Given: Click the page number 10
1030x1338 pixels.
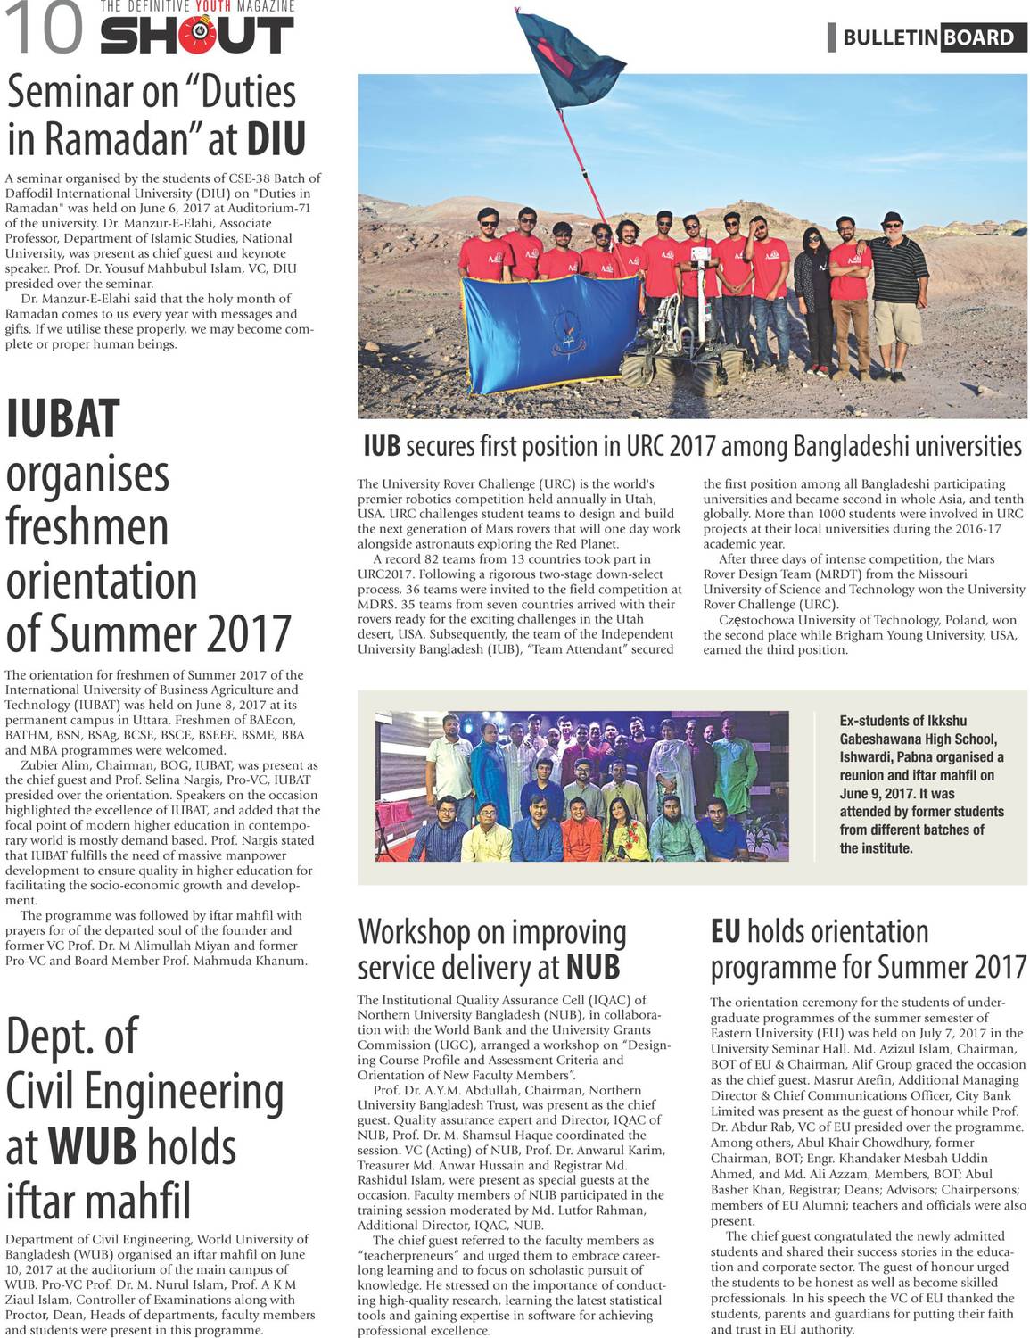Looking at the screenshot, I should (44, 29).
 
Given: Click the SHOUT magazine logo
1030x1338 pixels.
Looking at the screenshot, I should (196, 34).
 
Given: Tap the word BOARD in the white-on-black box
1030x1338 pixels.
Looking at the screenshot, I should (977, 37).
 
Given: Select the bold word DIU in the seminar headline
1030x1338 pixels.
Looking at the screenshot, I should (276, 139).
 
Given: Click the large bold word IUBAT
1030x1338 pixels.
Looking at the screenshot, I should (63, 419).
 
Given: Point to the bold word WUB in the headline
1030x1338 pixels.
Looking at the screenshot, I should (92, 1147).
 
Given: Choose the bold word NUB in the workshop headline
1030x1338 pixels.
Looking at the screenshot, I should (592, 968).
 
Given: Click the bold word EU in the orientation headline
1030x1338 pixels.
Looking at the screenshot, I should (725, 932).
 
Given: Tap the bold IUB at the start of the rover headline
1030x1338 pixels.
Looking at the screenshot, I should (382, 446).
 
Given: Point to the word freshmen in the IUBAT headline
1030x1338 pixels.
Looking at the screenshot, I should (87, 527).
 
